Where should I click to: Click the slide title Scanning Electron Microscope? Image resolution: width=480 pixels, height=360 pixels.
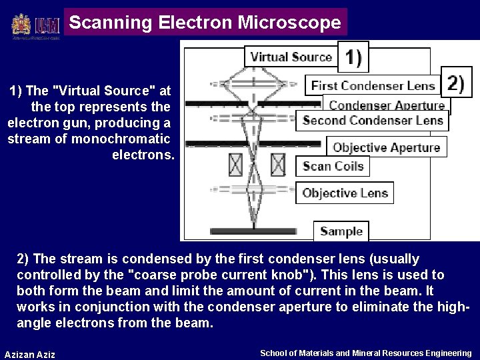coord(205,23)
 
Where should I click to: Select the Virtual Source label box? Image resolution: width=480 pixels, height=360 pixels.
coord(291,57)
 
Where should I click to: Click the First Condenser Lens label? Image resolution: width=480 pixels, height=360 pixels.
coord(373,85)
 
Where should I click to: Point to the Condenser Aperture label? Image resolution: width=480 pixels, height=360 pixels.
coord(387,105)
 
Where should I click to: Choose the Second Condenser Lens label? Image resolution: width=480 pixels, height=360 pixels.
coord(373,121)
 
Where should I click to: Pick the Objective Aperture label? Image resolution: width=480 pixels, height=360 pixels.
coord(386,147)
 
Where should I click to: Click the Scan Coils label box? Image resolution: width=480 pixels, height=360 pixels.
coord(333,166)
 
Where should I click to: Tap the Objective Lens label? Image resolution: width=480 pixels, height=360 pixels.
coord(344,193)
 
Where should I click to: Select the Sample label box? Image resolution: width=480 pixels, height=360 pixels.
coord(341,231)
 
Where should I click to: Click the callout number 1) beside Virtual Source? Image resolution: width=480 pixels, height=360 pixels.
coord(353,57)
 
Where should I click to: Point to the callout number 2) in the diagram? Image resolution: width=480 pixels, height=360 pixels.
coord(456,83)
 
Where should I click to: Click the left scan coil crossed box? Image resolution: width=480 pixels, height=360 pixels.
coord(235,164)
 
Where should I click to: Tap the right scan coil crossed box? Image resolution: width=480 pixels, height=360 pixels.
coord(278,164)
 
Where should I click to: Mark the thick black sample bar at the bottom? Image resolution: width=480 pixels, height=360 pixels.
coord(257,231)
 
